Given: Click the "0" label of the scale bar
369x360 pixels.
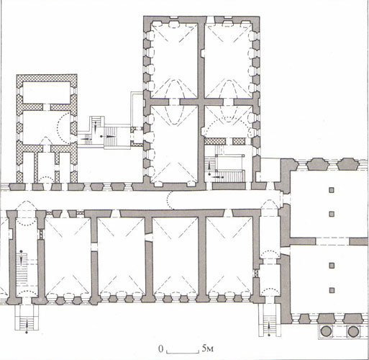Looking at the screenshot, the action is pyautogui.click(x=161, y=348).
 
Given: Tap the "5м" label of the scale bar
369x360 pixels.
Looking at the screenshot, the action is pyautogui.click(x=207, y=348).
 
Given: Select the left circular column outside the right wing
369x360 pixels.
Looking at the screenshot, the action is pyautogui.click(x=327, y=332).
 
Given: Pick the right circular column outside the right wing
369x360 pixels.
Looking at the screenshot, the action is pyautogui.click(x=353, y=332).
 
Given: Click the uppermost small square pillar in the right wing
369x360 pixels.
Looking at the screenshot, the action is pyautogui.click(x=332, y=190).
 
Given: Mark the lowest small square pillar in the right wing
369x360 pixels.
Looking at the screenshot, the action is pyautogui.click(x=332, y=290).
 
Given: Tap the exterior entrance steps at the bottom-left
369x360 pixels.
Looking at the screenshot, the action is pyautogui.click(x=27, y=318).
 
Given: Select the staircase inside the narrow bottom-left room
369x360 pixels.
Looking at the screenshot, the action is pyautogui.click(x=22, y=269).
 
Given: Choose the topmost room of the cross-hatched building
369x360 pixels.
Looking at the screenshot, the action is pyautogui.click(x=47, y=93).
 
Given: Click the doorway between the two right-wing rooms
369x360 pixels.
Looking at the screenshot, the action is pyautogui.click(x=332, y=241).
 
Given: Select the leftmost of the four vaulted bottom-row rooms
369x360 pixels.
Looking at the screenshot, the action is pyautogui.click(x=68, y=256).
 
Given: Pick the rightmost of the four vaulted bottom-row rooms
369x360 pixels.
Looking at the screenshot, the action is pyautogui.click(x=229, y=256).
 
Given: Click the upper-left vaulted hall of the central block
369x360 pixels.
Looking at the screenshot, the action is pyautogui.click(x=174, y=60).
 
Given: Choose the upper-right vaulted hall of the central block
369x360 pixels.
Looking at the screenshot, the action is pyautogui.click(x=228, y=60).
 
